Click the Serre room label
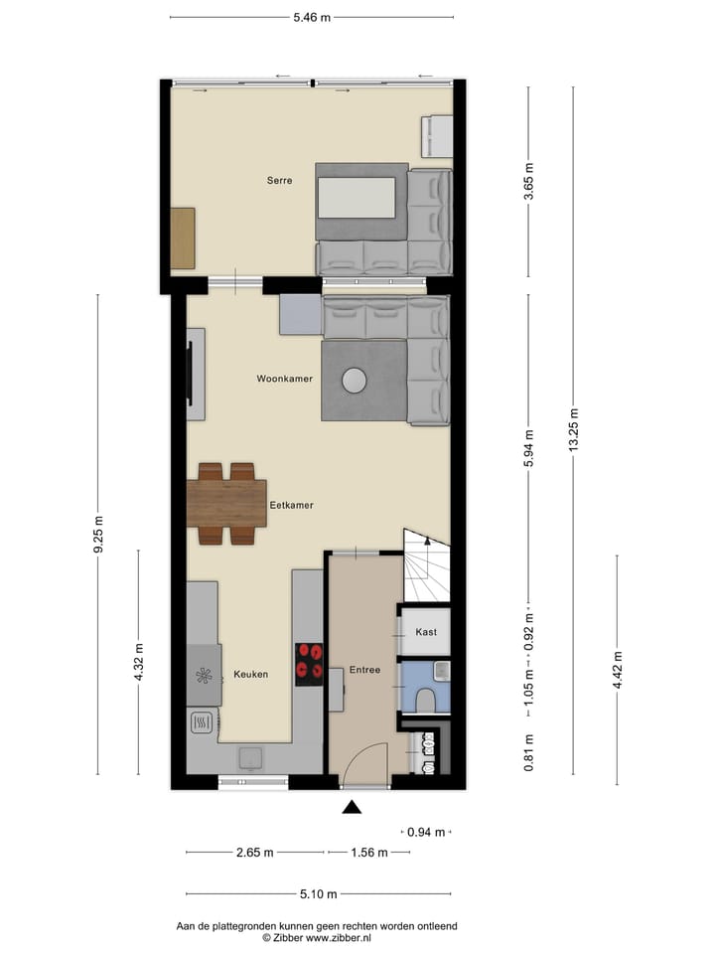279,181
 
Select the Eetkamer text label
291,505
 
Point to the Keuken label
250,674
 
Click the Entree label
364,670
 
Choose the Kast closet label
425,632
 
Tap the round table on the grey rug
355,380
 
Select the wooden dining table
226,503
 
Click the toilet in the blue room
425,700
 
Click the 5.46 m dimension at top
312,17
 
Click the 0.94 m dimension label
426,832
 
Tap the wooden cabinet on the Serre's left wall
183,238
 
